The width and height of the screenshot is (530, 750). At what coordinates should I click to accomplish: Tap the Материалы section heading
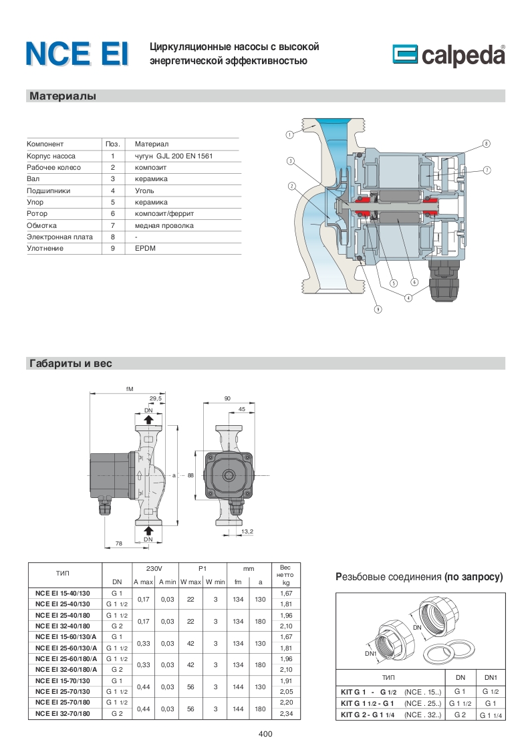click(x=63, y=96)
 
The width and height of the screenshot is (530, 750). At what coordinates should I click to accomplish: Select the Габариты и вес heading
click(x=70, y=364)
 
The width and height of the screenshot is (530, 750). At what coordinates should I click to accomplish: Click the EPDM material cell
click(x=144, y=248)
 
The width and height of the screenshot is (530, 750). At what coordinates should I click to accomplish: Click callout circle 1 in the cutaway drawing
click(x=289, y=134)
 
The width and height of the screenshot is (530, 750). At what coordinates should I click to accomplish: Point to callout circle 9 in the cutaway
click(x=378, y=310)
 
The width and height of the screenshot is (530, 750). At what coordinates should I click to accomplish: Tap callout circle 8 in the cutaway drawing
click(x=487, y=144)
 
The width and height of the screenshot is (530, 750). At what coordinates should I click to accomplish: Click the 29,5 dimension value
click(x=156, y=398)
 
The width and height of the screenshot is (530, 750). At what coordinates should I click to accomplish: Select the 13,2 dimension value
click(x=247, y=531)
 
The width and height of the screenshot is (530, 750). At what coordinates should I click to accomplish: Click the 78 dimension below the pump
click(x=118, y=543)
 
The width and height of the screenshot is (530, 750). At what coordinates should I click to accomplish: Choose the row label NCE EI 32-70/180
click(x=63, y=713)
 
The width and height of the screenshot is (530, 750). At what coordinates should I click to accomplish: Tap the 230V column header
click(x=154, y=568)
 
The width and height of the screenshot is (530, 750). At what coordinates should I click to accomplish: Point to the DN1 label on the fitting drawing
click(x=372, y=653)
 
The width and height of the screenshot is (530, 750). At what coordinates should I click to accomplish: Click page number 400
click(x=265, y=734)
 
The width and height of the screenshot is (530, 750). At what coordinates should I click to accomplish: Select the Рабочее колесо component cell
click(x=53, y=167)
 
